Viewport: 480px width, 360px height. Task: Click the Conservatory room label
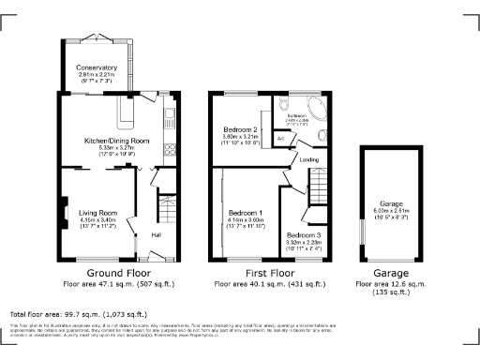(x=97, y=67)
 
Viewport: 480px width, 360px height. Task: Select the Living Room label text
(x=97, y=213)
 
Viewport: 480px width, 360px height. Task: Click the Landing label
(x=308, y=159)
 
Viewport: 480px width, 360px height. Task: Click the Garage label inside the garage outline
(x=391, y=203)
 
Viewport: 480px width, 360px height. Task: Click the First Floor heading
(x=270, y=272)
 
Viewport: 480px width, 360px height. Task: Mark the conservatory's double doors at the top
(x=99, y=37)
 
